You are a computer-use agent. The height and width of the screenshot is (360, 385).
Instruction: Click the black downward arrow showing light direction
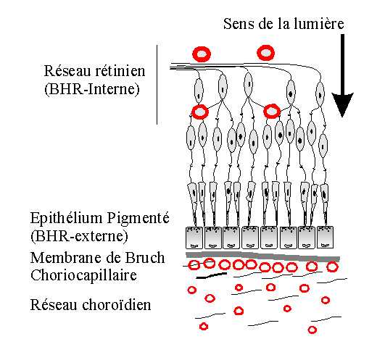(x=342, y=75)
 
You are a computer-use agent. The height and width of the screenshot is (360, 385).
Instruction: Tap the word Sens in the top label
(x=239, y=24)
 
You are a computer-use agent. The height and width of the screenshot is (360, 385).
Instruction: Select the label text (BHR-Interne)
(x=92, y=89)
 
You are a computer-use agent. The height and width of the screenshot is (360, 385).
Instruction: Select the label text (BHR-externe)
(x=79, y=236)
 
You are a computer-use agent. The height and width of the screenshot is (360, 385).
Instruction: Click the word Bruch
(x=145, y=258)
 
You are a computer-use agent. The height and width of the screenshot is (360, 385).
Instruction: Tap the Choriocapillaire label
(x=83, y=276)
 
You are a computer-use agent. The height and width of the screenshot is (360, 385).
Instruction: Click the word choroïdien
(x=117, y=305)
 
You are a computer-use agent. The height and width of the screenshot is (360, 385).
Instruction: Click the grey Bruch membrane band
(x=262, y=256)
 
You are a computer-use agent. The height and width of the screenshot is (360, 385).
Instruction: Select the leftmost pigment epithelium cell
(x=194, y=238)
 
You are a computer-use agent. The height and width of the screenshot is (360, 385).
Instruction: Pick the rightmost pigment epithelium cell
(x=325, y=237)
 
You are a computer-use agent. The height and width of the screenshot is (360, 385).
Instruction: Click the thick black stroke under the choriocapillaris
(x=212, y=276)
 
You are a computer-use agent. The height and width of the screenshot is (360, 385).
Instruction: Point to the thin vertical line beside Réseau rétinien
(x=157, y=85)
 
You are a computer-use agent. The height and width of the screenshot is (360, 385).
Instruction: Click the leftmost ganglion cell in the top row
(x=199, y=91)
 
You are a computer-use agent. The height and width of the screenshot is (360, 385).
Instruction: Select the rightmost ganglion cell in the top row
(x=320, y=94)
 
